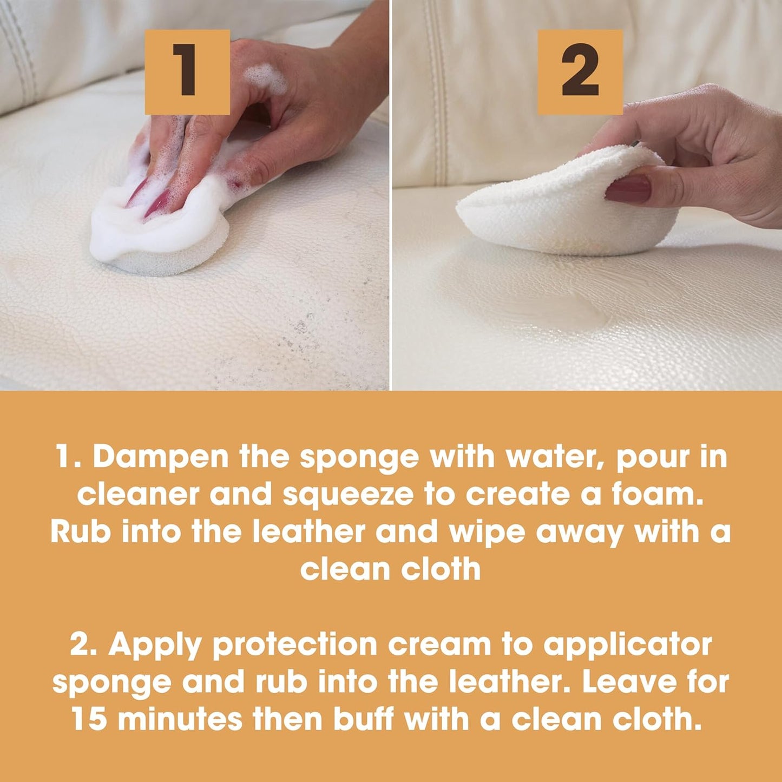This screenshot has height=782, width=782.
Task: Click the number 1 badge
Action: [x=187, y=71]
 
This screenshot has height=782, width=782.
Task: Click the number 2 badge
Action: [x=580, y=71]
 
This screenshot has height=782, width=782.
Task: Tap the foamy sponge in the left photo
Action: [x=162, y=238]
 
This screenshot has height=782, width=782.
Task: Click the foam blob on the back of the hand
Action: [x=265, y=78]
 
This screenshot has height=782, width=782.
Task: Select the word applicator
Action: [x=627, y=645]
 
